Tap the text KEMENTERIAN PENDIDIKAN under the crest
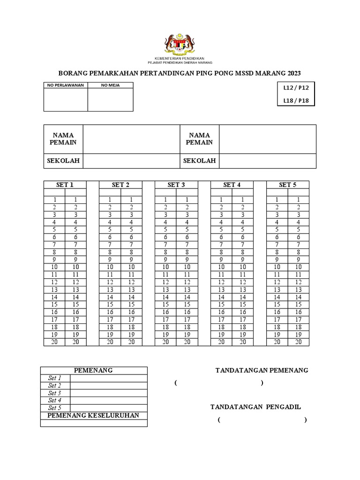(x=180, y=58)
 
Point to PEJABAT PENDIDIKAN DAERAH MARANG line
(x=180, y=62)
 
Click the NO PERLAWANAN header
(x=66, y=85)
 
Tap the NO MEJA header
(x=110, y=85)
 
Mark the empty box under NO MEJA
(x=110, y=99)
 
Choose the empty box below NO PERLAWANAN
(x=66, y=99)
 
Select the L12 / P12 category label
(x=296, y=88)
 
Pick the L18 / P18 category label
(x=296, y=100)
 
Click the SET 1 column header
(x=65, y=185)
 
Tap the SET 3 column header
(x=176, y=185)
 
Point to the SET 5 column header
(x=288, y=185)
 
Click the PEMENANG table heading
(x=94, y=370)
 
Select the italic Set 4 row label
(x=55, y=400)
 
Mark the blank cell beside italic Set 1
(x=109, y=378)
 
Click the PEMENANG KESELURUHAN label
(x=93, y=415)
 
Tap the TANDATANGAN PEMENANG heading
(x=262, y=370)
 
